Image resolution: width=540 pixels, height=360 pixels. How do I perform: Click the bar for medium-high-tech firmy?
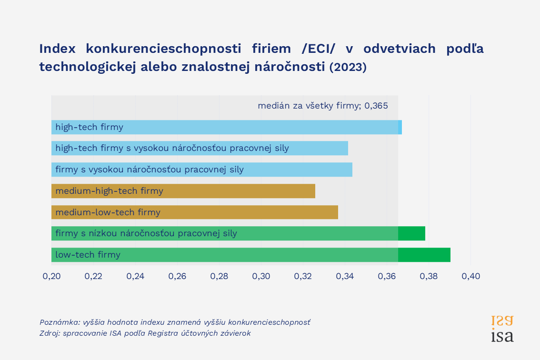click(x=183, y=191)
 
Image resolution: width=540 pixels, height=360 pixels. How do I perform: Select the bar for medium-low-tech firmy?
click(x=195, y=212)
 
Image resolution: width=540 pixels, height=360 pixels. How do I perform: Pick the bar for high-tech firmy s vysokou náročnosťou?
click(x=200, y=148)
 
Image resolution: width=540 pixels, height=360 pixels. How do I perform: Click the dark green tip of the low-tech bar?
click(x=424, y=255)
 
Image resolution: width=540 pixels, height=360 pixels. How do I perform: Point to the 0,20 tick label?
click(x=51, y=276)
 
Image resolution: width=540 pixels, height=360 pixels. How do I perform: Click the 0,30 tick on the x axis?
click(x=261, y=276)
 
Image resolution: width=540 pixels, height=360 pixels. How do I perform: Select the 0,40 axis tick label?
click(x=470, y=276)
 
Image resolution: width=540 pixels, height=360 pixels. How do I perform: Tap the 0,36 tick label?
click(x=387, y=276)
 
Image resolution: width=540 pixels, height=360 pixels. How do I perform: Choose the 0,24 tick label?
click(x=135, y=276)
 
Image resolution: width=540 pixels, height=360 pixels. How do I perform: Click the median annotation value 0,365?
click(x=376, y=106)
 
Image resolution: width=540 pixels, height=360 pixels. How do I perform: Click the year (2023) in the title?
click(x=348, y=68)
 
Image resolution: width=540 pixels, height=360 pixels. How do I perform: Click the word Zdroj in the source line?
click(x=50, y=333)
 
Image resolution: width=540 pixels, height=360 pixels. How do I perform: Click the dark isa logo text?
click(x=502, y=336)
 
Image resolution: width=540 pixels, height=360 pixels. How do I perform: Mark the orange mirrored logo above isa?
click(x=502, y=320)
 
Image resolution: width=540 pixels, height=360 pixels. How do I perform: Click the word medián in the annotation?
click(x=272, y=106)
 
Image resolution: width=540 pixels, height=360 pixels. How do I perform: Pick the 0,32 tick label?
click(x=303, y=276)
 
